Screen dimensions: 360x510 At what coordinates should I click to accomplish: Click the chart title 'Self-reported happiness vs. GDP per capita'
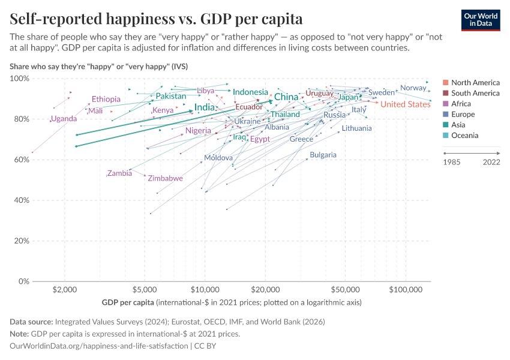pos(156,19)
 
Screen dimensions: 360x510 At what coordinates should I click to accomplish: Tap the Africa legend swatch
pos(445,104)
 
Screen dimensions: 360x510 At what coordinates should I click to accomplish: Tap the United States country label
pos(406,104)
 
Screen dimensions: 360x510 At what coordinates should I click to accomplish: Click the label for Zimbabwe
pos(165,179)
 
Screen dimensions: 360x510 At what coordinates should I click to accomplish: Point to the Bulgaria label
pos(323,155)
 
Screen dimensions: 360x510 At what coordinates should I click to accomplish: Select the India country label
pos(205,107)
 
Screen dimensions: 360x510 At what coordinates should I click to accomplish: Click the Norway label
pos(413,88)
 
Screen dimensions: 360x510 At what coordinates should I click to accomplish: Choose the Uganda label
pos(64,119)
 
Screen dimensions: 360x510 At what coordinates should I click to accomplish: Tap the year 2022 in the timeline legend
pos(491,161)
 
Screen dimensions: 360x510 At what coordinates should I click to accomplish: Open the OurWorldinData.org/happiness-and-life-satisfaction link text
pos(99,346)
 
